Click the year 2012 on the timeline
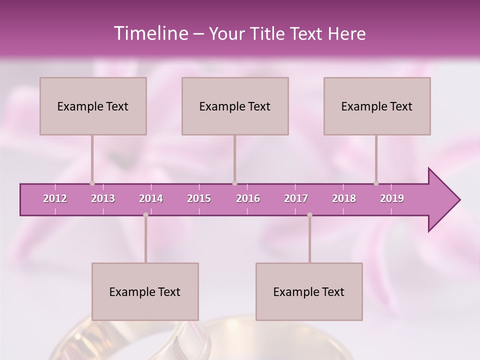coord(55,198)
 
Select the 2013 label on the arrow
coord(103,198)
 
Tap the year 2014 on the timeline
coord(151,198)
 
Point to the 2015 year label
coord(199,198)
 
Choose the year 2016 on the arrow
coord(248,198)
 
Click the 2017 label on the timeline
coord(296,198)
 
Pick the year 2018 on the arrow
coord(344,198)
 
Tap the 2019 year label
coord(392,198)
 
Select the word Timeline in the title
coord(150,33)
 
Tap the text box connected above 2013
coord(93,106)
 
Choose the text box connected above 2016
coord(235,106)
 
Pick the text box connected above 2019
coord(377,106)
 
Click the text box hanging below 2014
coord(145,291)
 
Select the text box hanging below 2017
coord(309,291)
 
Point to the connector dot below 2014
coord(145,215)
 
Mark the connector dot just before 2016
coord(235,183)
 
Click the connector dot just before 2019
coord(376,183)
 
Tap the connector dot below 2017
coord(309,215)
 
